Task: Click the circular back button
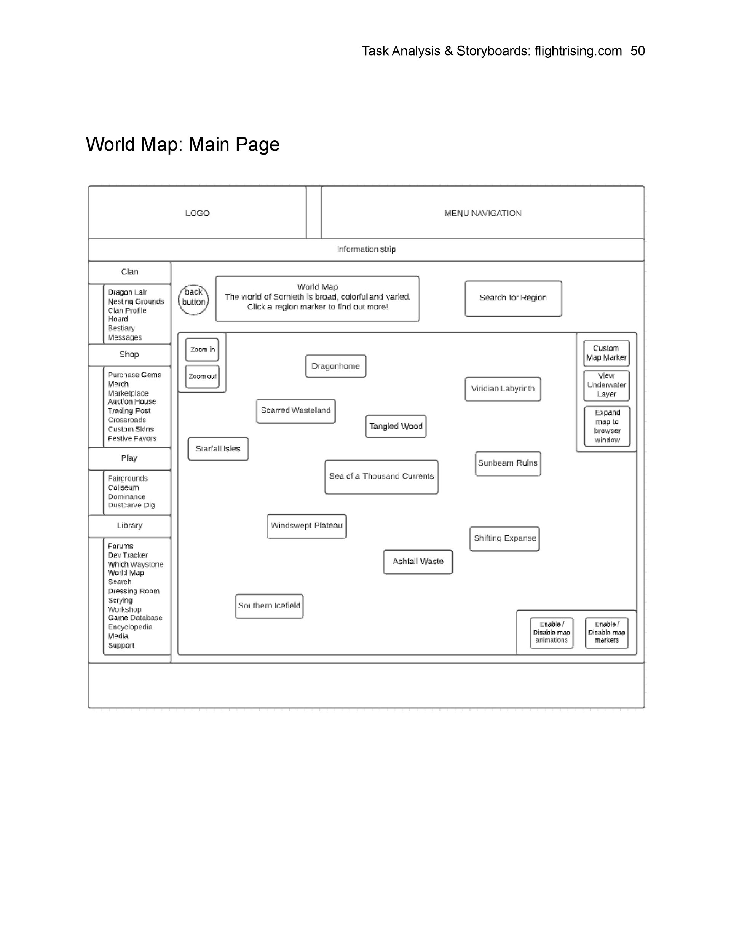193,299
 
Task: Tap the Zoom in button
202,349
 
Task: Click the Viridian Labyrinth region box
503,389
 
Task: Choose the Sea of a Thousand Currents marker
381,477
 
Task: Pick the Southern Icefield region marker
269,606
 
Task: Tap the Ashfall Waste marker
418,562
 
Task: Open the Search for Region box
513,298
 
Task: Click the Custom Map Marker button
606,353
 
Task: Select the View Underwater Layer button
606,385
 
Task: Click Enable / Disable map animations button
551,632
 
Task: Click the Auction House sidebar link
132,402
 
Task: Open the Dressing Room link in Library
134,591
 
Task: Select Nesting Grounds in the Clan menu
136,302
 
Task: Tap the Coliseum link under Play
123,487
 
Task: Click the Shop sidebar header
129,355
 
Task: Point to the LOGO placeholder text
197,213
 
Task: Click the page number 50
637,51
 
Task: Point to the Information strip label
366,249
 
